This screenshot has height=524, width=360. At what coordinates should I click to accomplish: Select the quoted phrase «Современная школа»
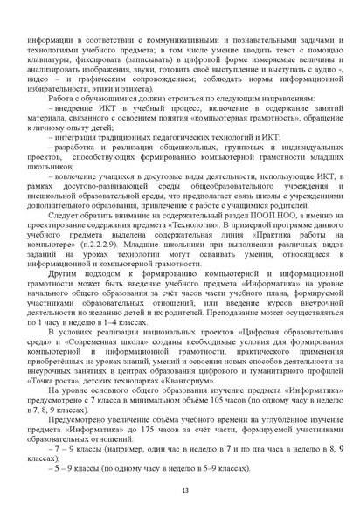click(x=103, y=335)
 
